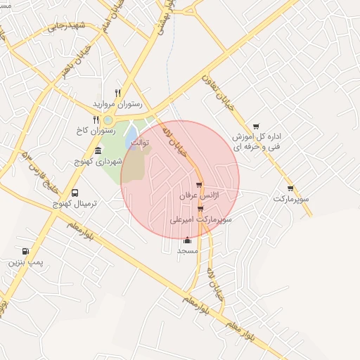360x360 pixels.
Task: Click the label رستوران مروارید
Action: pos(117,103)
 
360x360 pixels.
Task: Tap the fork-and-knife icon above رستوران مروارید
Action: pos(117,93)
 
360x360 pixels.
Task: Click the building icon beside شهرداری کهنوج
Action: pos(97,151)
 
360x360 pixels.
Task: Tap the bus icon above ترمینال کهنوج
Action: pos(75,193)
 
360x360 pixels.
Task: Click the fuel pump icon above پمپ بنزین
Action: pos(26,251)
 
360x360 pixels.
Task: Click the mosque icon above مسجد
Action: pos(187,240)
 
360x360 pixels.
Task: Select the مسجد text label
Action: pos(187,250)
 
